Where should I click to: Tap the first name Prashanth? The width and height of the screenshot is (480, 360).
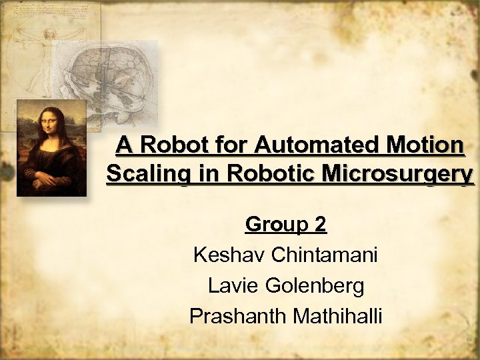(237, 315)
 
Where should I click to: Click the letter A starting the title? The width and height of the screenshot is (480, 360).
(123, 145)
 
